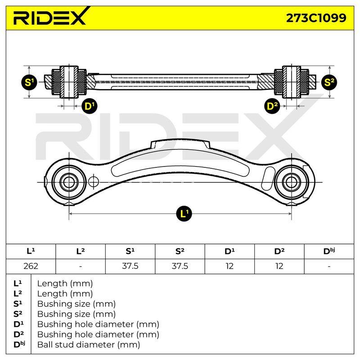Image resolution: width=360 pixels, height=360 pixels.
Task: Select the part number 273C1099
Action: [316, 18]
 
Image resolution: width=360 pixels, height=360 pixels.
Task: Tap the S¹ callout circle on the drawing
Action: [29, 82]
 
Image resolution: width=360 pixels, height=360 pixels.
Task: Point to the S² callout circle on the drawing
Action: [329, 82]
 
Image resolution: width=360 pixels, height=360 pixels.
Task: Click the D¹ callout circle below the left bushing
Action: [90, 106]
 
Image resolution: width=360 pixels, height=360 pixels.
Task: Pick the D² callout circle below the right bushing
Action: [272, 106]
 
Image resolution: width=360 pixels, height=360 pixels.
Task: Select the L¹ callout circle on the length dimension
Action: [184, 214]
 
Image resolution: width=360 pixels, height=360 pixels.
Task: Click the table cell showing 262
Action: [31, 266]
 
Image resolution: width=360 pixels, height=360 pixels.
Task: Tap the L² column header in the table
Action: [81, 252]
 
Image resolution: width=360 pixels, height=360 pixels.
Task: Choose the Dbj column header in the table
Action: [329, 252]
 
